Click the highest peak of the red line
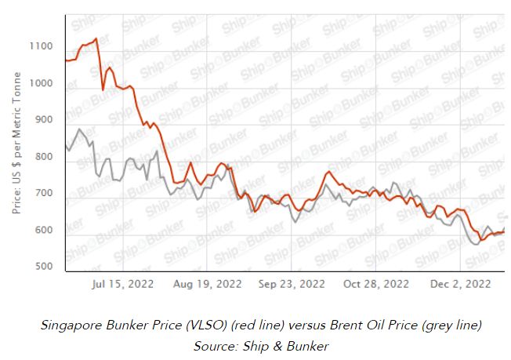coord(96,38)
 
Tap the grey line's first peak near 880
coord(79,129)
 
